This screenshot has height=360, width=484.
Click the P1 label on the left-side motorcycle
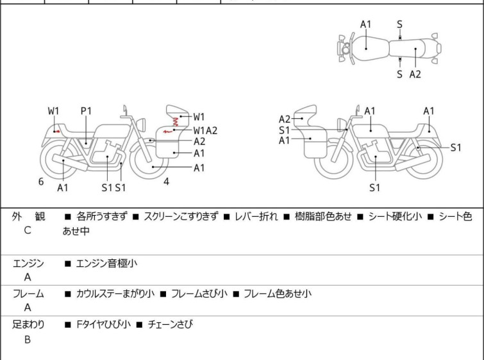[x=87, y=111]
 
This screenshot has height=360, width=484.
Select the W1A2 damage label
[x=206, y=130]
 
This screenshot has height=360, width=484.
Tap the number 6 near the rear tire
[x=41, y=182]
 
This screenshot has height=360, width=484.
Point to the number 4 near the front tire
[x=166, y=182]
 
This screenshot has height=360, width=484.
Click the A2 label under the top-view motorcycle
[x=415, y=74]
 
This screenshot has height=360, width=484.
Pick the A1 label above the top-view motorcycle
[x=365, y=24]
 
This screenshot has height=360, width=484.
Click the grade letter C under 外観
[x=28, y=230]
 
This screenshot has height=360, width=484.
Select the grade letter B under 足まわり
[x=28, y=340]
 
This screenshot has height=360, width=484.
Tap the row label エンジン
[x=28, y=263]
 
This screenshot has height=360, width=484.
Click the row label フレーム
[x=28, y=294]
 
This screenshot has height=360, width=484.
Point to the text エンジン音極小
[x=106, y=263]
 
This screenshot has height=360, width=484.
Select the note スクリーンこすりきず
[x=181, y=217]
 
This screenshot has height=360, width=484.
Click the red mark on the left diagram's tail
[x=58, y=130]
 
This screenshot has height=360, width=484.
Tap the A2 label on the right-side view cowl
[x=285, y=119]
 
